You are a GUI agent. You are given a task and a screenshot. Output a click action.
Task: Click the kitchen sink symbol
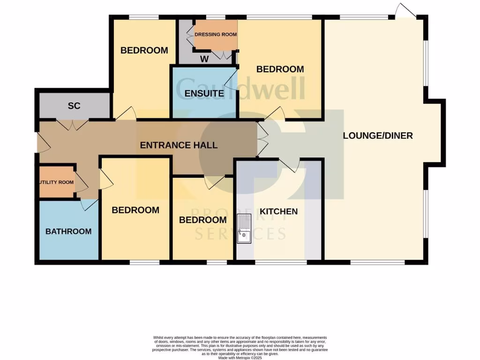[244, 229]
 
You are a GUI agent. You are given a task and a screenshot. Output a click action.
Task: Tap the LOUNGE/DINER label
[378, 136]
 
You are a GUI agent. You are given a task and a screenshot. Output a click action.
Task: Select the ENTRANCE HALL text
[179, 145]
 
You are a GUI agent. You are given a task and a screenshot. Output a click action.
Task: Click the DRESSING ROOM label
[216, 35]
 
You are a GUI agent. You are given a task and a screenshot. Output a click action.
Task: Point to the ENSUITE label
[204, 93]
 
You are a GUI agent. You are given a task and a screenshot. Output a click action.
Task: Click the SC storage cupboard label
[74, 106]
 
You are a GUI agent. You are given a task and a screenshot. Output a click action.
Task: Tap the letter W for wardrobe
[204, 59]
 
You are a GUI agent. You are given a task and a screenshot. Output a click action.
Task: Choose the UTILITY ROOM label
[56, 182]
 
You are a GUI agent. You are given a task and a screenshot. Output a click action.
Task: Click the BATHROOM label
[68, 232]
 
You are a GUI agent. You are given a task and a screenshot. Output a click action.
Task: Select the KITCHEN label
[279, 211]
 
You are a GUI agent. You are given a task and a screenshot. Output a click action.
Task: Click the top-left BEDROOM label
[144, 51]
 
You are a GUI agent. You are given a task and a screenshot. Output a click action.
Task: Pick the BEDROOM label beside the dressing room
[280, 69]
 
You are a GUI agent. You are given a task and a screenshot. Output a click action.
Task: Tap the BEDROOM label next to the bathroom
[135, 210]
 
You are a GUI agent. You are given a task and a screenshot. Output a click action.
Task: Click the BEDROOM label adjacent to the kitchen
[203, 220]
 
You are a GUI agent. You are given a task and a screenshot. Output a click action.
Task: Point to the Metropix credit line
[240, 357]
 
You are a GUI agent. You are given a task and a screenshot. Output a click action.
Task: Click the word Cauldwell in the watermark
[240, 88]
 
